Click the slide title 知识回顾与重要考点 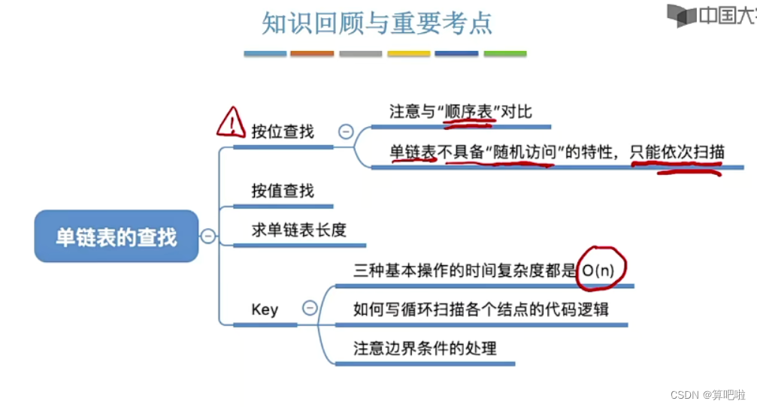(377, 23)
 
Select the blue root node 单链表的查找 (117, 237)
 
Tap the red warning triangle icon (231, 122)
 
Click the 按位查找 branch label (283, 131)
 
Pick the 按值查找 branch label (283, 191)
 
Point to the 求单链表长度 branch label (298, 230)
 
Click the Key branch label (265, 309)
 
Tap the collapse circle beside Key (309, 308)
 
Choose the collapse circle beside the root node (208, 237)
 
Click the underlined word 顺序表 (468, 112)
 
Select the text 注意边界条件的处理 (425, 348)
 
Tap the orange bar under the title (312, 54)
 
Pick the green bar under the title (505, 54)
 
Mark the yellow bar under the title (409, 54)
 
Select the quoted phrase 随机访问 (525, 152)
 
